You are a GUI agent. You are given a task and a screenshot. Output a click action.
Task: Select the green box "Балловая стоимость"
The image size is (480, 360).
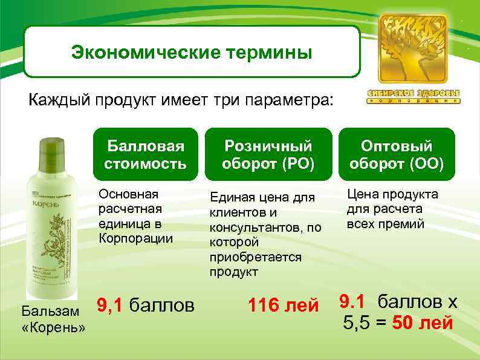tap(144, 154)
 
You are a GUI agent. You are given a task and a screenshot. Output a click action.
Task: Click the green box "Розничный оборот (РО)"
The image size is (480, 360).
tap(268, 154)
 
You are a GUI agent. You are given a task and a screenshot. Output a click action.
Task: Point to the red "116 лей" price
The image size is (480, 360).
tap(283, 306)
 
